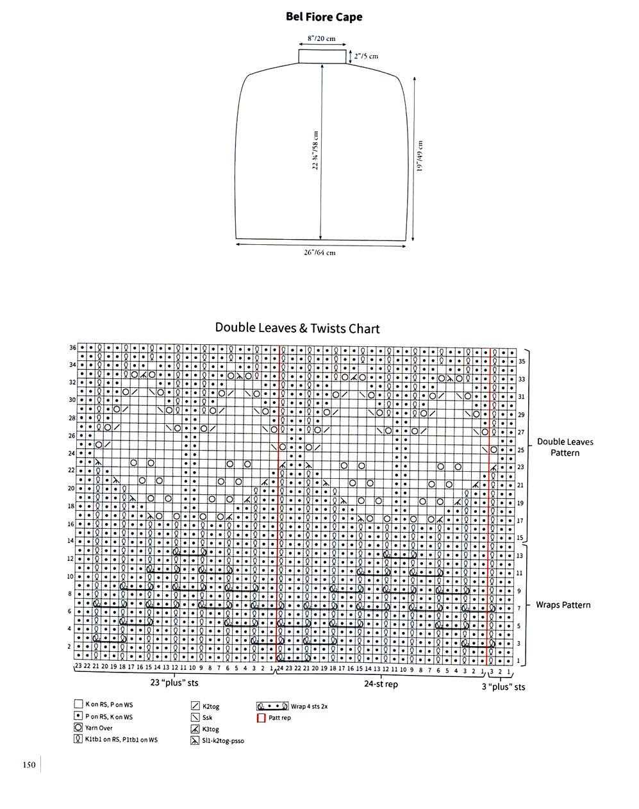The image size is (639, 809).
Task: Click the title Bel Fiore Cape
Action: pyautogui.click(x=324, y=17)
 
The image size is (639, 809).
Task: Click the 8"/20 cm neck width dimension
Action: pyautogui.click(x=321, y=38)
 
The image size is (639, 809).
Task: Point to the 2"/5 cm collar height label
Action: pyautogui.click(x=365, y=56)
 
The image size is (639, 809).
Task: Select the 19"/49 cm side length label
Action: pyautogui.click(x=420, y=155)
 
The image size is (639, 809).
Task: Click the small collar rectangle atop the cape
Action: pyautogui.click(x=322, y=56)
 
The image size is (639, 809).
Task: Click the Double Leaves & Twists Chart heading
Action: pyautogui.click(x=297, y=329)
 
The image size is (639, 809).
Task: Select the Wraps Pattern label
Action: pyautogui.click(x=563, y=605)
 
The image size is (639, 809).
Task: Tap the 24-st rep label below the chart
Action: pyautogui.click(x=381, y=684)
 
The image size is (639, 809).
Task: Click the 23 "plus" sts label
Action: pyautogui.click(x=174, y=683)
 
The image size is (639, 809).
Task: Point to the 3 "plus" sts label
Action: pyautogui.click(x=504, y=687)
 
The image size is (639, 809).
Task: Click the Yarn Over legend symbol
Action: pyautogui.click(x=78, y=728)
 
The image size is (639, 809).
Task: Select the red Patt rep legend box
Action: pyautogui.click(x=261, y=718)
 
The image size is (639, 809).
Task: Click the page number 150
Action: pyautogui.click(x=28, y=764)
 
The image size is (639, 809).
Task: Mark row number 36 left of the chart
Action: pyautogui.click(x=72, y=347)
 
